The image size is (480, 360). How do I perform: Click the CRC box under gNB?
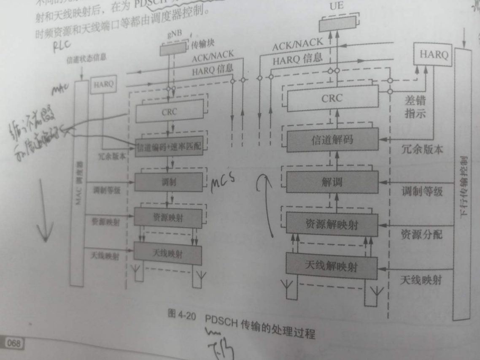tap(170, 112)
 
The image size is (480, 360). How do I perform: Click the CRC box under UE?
tap(332, 99)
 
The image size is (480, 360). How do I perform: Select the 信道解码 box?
tap(332, 140)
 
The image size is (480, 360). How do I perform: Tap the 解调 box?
tap(332, 182)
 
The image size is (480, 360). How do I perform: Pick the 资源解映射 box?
tap(332, 224)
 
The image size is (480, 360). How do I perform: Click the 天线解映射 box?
tap(332, 266)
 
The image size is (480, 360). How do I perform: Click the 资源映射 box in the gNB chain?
tap(168, 218)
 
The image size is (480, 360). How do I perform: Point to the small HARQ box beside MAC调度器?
tap(103, 84)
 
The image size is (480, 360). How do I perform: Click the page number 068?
tap(13, 343)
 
